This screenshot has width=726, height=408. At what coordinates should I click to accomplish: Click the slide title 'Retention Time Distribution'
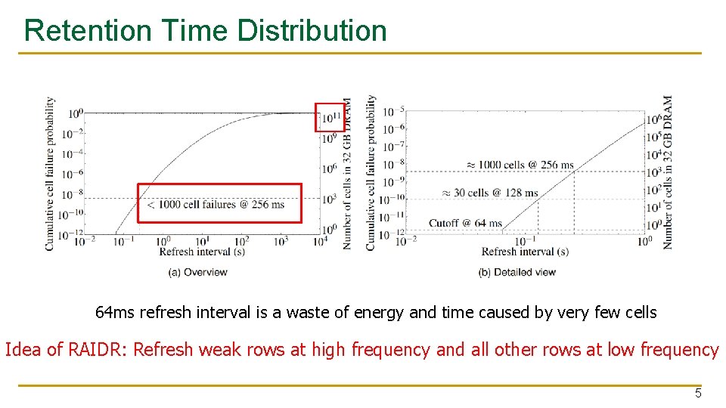coord(205,31)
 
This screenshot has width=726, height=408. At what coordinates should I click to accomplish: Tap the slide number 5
coord(698,393)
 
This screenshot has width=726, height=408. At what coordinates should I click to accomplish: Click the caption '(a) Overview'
coord(194,272)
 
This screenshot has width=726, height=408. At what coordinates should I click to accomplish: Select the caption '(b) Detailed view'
coord(517,272)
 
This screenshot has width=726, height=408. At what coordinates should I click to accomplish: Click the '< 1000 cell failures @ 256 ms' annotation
coord(219,204)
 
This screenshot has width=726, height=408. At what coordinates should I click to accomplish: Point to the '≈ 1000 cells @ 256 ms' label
coord(510,165)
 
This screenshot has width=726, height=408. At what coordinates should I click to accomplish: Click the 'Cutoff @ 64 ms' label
coord(465,223)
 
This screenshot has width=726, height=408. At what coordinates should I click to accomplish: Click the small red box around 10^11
coord(329,116)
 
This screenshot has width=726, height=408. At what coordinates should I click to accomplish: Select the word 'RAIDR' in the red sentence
coord(90,350)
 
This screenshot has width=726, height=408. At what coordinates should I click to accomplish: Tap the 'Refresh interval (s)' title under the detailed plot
coord(525,252)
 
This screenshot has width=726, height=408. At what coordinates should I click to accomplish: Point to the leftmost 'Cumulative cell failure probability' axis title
coord(50,173)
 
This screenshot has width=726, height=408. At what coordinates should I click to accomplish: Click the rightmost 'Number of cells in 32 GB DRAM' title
coord(668,172)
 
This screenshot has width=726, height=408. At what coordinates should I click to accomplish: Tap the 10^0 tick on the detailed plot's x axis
coord(644,241)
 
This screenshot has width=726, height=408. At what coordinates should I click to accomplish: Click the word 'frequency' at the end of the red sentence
coord(679,350)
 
